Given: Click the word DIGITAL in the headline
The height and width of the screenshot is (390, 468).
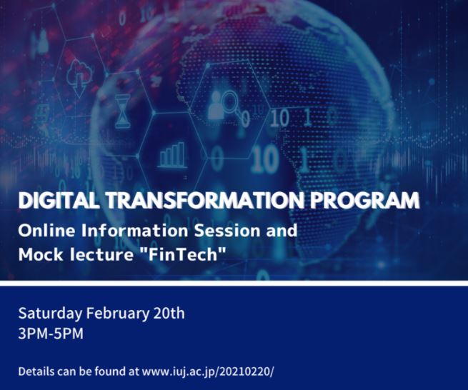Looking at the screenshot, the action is coord(58,200).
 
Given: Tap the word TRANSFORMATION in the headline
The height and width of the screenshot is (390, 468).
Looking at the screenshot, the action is coord(204,200).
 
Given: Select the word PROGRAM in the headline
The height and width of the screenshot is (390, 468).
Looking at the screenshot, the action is coord(364,200).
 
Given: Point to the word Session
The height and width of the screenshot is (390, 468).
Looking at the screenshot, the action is coord(227,231).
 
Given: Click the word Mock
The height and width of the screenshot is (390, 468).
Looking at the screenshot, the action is coord(41,254).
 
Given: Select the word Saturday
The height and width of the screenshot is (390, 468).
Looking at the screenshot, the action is coord(49,314).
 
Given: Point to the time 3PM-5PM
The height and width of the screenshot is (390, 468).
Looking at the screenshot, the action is coord(51,334).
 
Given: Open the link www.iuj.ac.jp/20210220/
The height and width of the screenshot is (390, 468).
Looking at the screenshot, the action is coord(208,372).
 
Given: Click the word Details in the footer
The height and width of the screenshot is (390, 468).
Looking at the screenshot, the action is coord(36,371).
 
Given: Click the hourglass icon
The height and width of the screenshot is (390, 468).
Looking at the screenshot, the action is coord(123,111).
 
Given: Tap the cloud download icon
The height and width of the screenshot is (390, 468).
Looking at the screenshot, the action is coord(79,78).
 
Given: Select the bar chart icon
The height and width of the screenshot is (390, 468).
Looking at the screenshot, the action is coord(172,155).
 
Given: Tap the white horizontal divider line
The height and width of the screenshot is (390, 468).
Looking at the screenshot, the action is coord(234,283).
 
